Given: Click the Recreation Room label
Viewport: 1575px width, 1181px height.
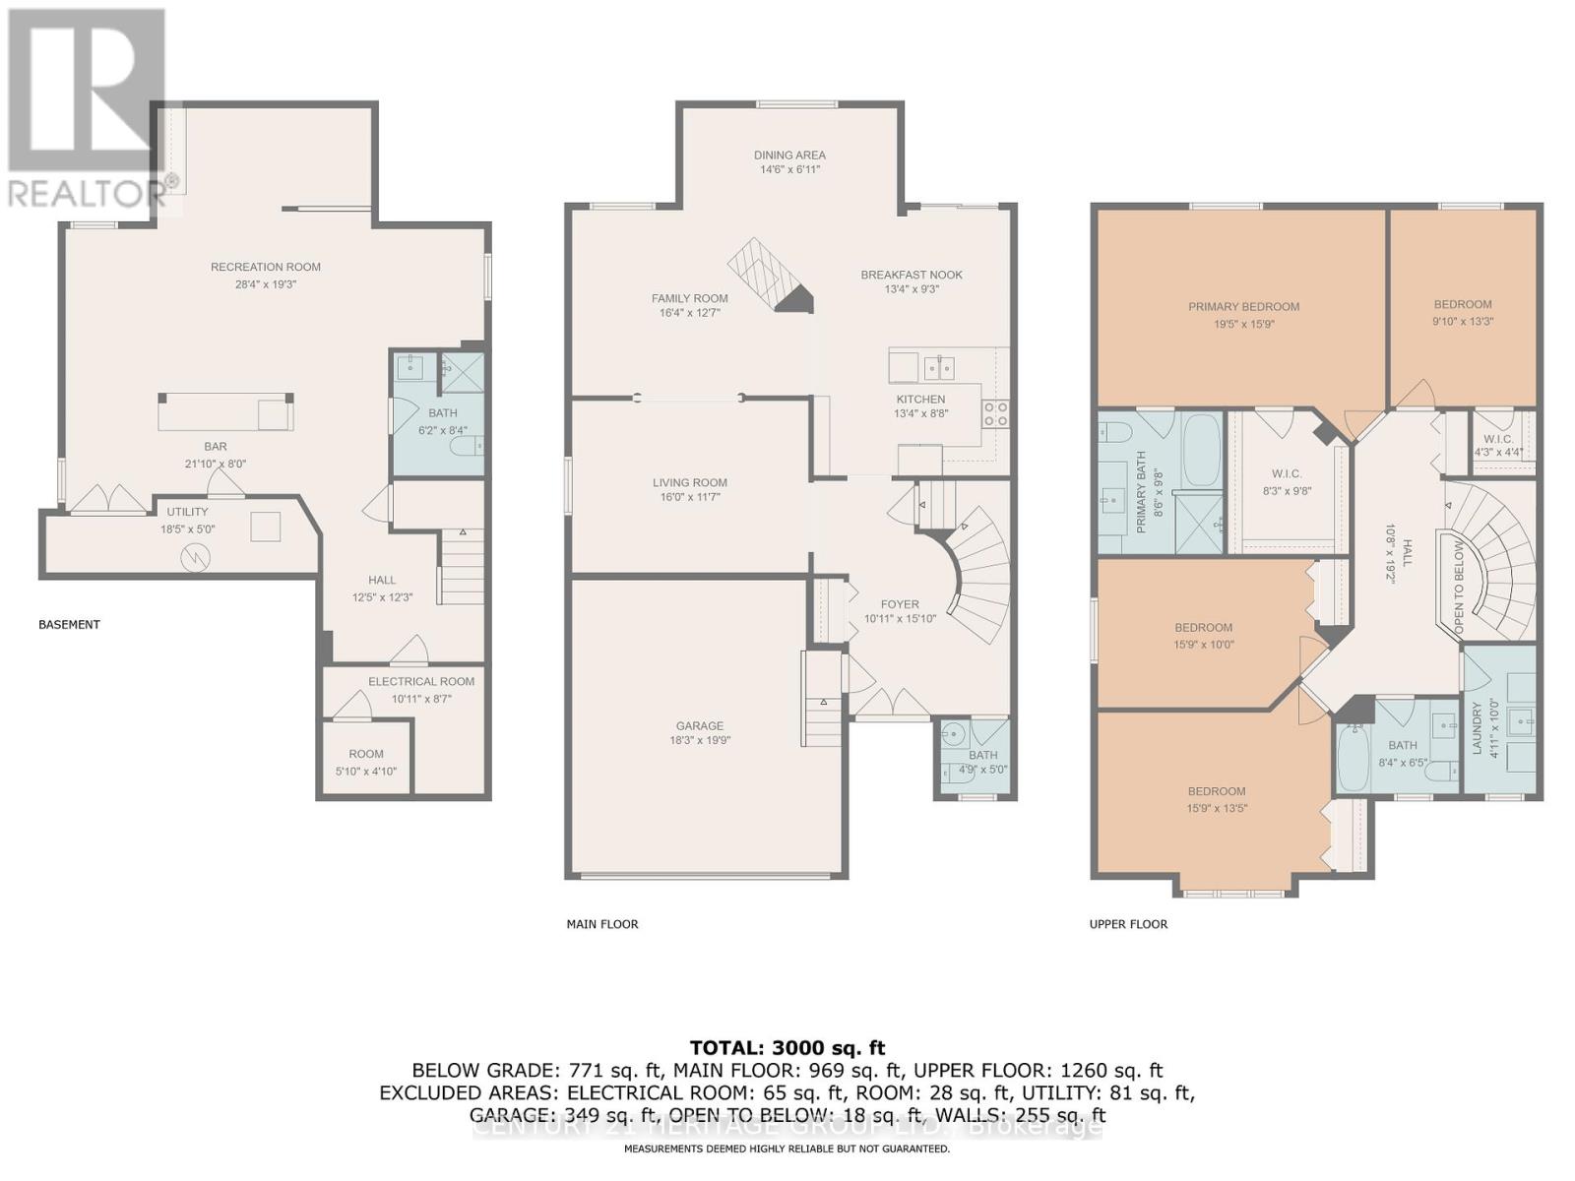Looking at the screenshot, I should pyautogui.click(x=266, y=267).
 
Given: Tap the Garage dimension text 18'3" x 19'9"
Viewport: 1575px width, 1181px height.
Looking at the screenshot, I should pyautogui.click(x=700, y=741).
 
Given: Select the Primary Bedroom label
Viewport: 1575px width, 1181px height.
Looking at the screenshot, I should pyautogui.click(x=1243, y=306).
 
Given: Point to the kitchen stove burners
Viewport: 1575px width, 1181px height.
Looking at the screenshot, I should pyautogui.click(x=995, y=413).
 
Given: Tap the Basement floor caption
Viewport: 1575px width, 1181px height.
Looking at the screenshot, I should pyautogui.click(x=69, y=624).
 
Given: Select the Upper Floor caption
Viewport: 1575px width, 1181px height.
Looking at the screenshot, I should pyautogui.click(x=1128, y=924).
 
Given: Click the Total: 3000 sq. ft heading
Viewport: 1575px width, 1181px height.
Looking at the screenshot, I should pyautogui.click(x=787, y=1047).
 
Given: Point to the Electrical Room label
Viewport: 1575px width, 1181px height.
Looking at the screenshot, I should pyautogui.click(x=421, y=681).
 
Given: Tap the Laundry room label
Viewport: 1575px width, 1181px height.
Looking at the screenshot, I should pyautogui.click(x=1477, y=728).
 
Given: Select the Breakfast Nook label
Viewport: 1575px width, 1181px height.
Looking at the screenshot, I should pyautogui.click(x=912, y=275).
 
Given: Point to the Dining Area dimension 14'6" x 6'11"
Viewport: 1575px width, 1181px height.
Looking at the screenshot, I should pyautogui.click(x=789, y=169).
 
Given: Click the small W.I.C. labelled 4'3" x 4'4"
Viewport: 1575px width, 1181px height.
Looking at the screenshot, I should pyautogui.click(x=1498, y=445).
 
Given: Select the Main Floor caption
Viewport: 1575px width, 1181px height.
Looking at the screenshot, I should pyautogui.click(x=602, y=924).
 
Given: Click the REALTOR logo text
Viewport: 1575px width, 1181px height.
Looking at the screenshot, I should pyautogui.click(x=87, y=193).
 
